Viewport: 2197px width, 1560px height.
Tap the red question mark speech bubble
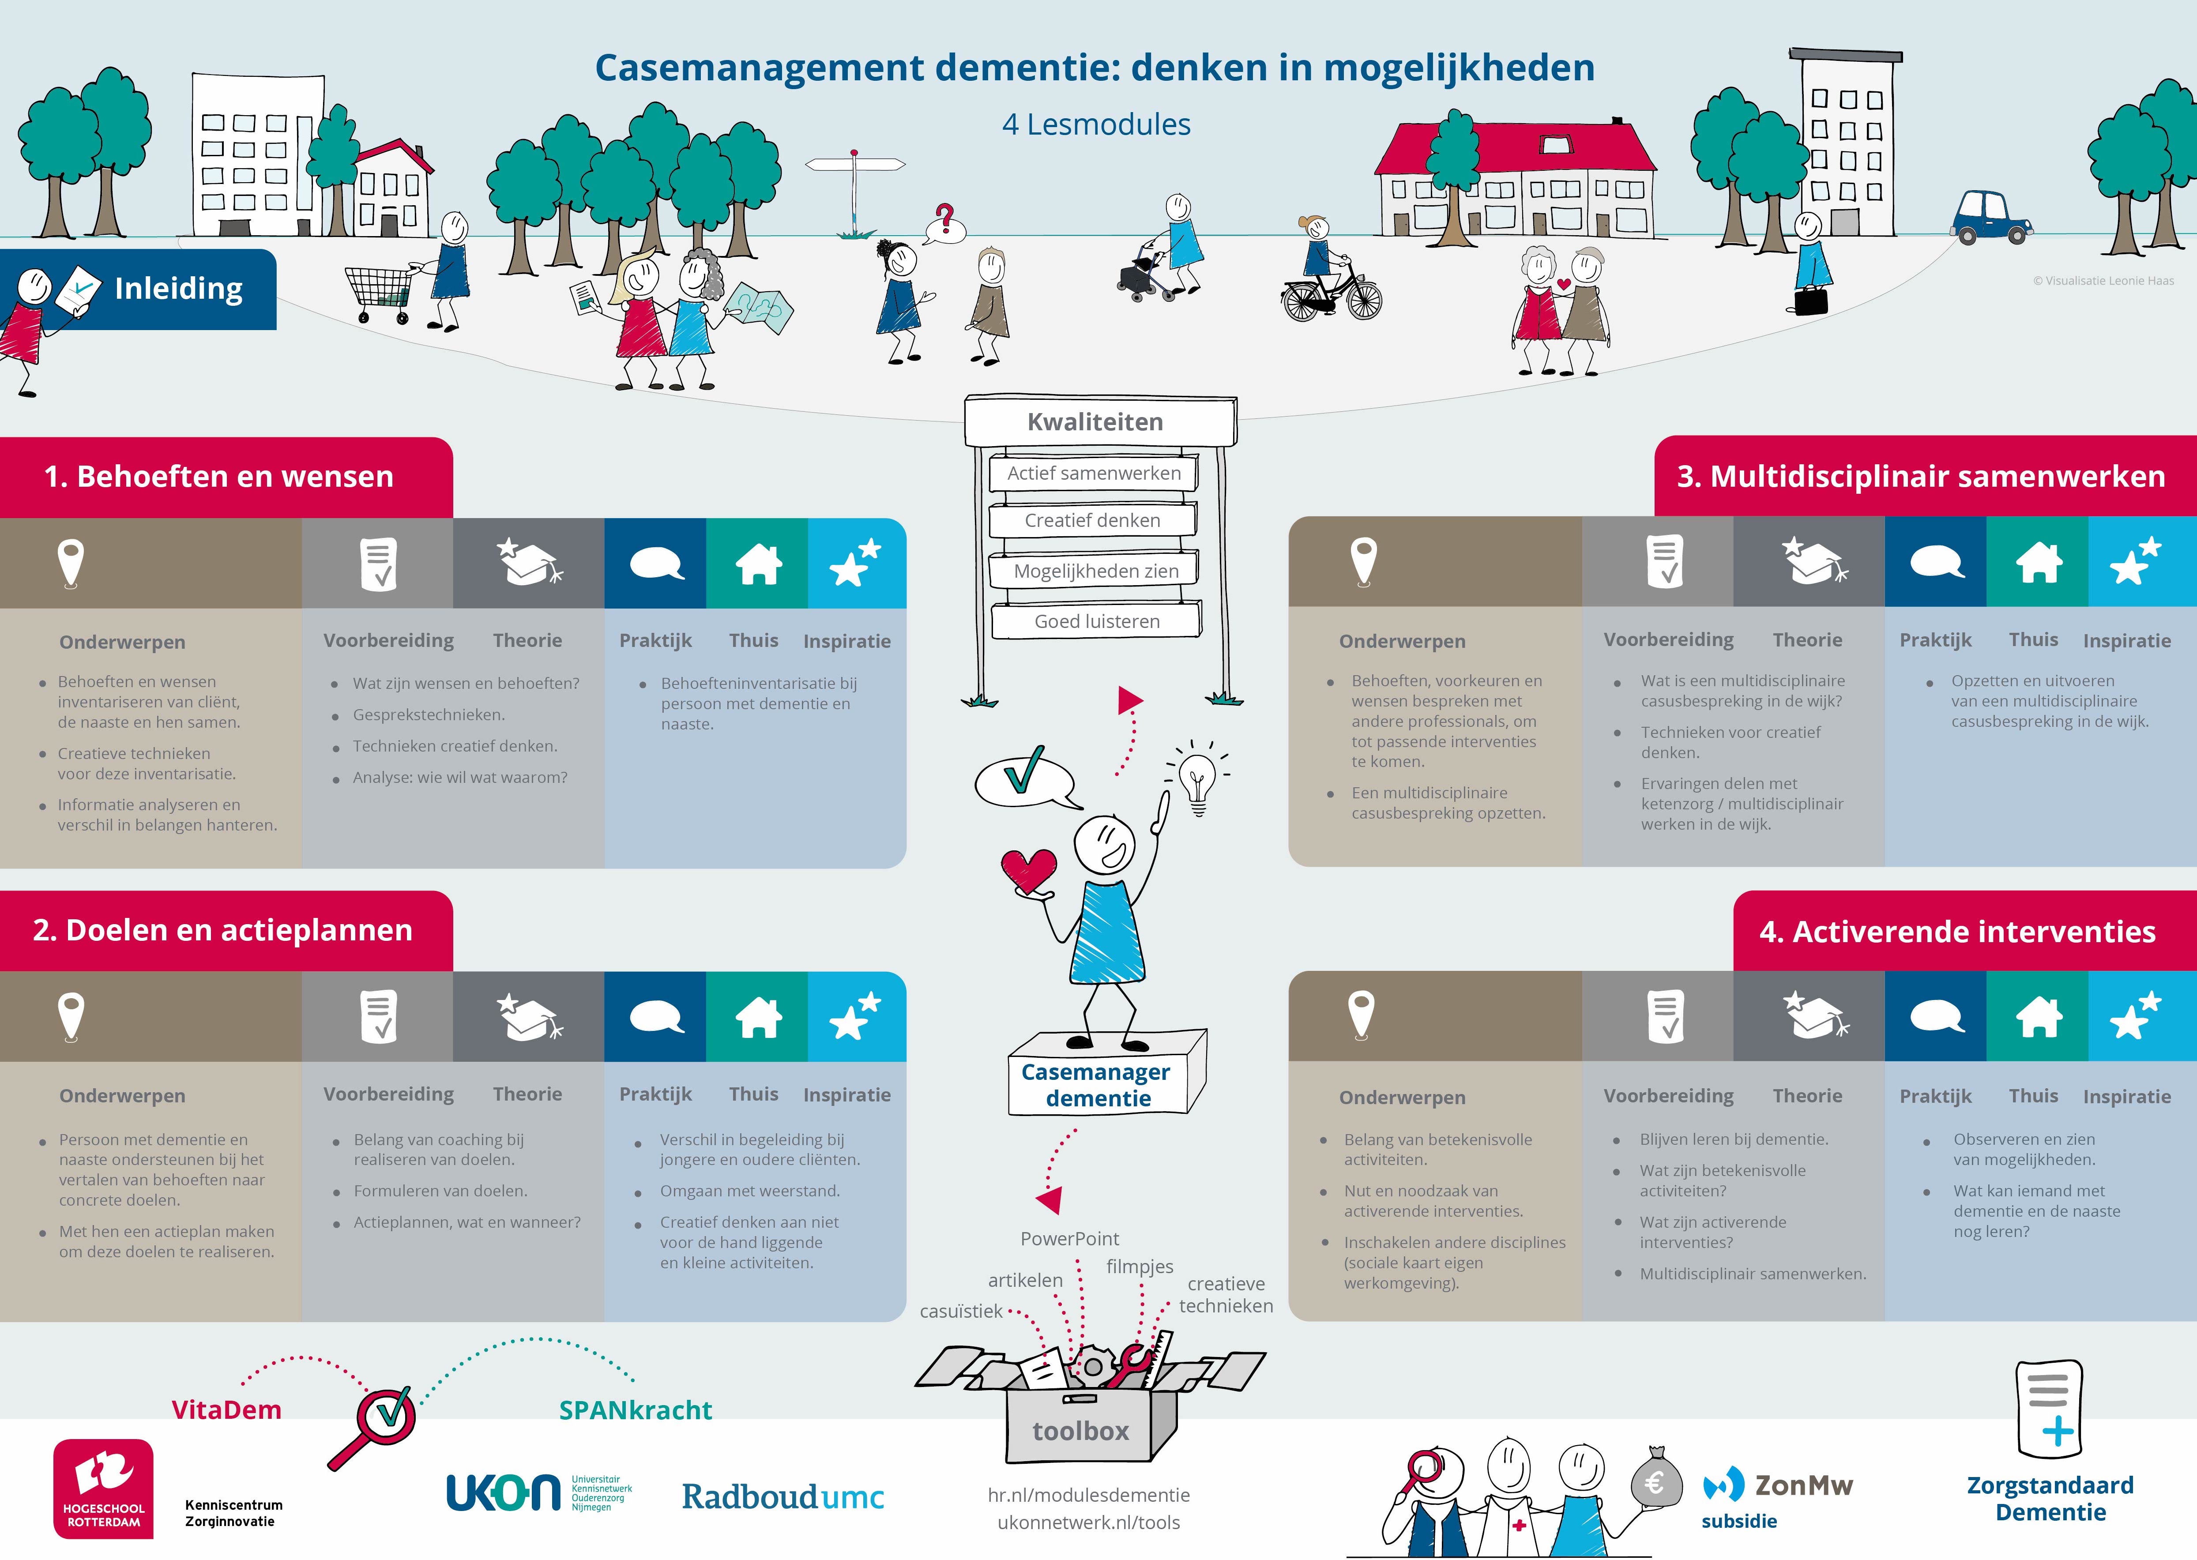(x=945, y=224)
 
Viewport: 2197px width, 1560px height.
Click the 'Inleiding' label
(x=179, y=288)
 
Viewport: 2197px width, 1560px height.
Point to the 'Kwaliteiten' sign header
(x=1095, y=422)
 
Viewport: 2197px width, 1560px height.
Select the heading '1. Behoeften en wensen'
(x=219, y=477)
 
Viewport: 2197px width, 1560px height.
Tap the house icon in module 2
(x=758, y=1017)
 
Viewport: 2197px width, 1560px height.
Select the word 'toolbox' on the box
(x=1081, y=1431)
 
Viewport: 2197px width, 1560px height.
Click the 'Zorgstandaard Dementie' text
(x=2050, y=1499)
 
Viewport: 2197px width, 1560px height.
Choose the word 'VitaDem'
(x=227, y=1410)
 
